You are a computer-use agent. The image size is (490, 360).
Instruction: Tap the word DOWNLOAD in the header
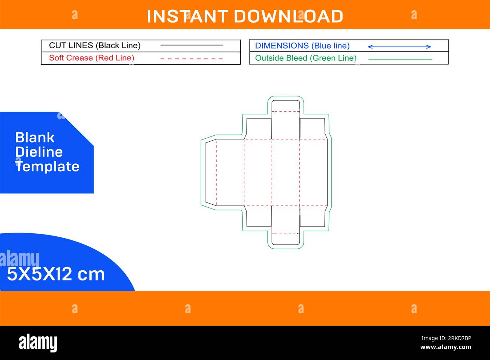click(288, 16)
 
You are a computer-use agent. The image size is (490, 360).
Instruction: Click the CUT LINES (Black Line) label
click(95, 46)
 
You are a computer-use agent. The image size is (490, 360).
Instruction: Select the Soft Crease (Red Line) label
click(92, 58)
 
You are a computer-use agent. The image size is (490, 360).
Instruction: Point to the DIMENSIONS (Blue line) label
click(302, 46)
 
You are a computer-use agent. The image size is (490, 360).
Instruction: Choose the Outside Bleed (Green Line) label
click(306, 58)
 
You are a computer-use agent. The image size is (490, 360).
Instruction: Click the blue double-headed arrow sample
click(400, 47)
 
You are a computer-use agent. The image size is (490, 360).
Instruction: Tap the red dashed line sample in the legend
click(191, 59)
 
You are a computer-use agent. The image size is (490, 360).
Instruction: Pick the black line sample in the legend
click(191, 45)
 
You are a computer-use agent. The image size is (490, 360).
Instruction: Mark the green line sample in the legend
click(400, 60)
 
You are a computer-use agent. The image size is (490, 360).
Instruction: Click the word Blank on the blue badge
click(35, 138)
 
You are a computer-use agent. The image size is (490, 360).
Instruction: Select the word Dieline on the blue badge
click(39, 152)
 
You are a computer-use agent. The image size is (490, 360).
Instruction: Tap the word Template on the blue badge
click(47, 167)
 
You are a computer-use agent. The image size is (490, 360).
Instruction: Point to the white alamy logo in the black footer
click(38, 343)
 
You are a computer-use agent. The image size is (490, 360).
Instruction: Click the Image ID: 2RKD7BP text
click(446, 338)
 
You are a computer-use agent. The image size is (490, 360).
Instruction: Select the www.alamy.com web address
click(446, 347)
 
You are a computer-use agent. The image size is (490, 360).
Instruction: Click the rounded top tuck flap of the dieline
click(286, 106)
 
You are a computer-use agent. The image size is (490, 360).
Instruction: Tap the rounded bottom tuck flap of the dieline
click(286, 239)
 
